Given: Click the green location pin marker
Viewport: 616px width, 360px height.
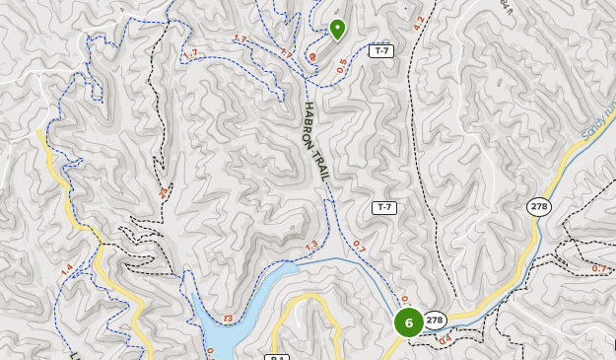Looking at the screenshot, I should pos(337,29).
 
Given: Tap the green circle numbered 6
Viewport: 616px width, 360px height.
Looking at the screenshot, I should pos(409,322).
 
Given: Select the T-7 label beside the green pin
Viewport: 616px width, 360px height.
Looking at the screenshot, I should pos(381,50).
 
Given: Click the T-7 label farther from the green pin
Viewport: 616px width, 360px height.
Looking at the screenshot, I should pos(383,207).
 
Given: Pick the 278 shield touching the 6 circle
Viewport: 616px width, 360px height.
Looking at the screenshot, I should pos(435,320).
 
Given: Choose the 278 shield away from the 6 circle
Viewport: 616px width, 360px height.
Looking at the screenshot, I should pos(538,206).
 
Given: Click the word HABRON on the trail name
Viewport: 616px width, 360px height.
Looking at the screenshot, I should pos(310,122).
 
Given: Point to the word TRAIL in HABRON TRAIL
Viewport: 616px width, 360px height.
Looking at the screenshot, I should pos(322,164).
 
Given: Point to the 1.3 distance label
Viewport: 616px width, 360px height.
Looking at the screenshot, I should pos(311,246).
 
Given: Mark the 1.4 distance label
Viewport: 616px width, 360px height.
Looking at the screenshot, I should pos(66,270).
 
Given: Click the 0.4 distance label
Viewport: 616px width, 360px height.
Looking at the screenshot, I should pos(445,340).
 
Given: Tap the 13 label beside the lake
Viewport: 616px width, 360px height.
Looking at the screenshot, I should pos(229,319).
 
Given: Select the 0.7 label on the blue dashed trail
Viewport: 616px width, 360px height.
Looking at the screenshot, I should pos(359,247).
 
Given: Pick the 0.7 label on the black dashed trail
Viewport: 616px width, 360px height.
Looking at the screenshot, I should pos(599,268).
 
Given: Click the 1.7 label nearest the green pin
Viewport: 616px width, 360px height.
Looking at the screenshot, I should pos(286,52).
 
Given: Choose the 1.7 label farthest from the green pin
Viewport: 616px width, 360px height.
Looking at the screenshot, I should pos(190,53).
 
